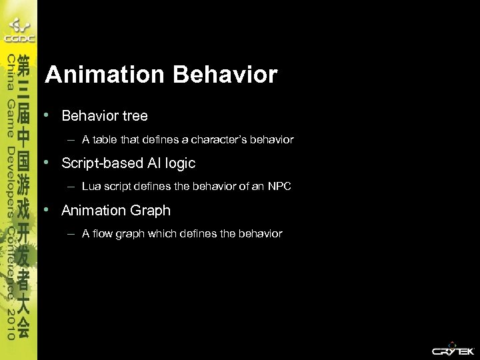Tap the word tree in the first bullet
tap(135, 116)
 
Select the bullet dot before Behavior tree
tap(47, 115)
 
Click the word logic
tap(179, 163)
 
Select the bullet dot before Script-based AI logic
tap(47, 162)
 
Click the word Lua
tap(91, 187)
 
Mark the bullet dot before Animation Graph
tap(47, 209)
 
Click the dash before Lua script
tap(70, 187)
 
